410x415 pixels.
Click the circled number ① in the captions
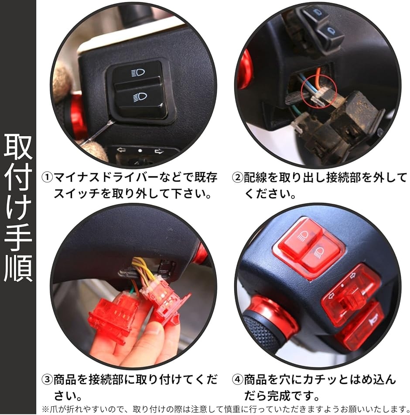(x=47, y=178)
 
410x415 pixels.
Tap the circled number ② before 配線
(x=237, y=178)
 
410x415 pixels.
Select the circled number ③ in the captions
(x=47, y=380)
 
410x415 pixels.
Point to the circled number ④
(x=237, y=380)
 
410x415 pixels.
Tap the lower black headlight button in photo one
(x=142, y=98)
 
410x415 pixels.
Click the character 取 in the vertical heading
(x=18, y=148)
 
